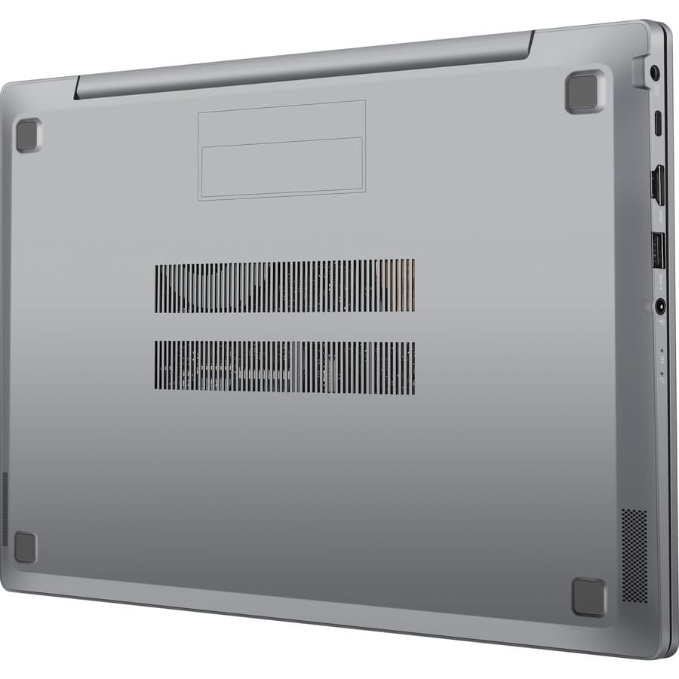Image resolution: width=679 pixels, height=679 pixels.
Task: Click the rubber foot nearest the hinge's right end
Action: [585, 92]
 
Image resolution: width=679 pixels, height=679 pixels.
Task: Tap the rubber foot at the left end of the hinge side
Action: [27, 135]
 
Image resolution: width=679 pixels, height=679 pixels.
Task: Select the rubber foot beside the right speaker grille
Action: [588, 597]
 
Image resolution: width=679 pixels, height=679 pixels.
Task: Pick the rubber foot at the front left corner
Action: [26, 547]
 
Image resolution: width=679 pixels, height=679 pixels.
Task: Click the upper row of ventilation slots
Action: [284, 286]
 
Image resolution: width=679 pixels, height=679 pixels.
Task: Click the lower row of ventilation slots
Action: [284, 367]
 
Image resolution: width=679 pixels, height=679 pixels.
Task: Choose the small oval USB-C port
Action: [657, 123]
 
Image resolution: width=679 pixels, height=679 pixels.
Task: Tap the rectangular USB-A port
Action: [657, 250]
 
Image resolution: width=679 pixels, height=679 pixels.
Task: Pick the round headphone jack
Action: [661, 306]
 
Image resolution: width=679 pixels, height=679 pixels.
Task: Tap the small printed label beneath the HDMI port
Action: [659, 215]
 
